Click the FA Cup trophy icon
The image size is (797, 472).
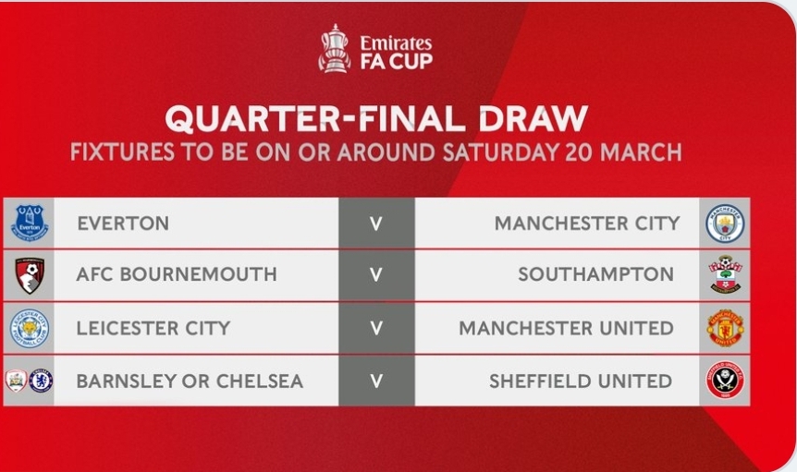(x=334, y=49)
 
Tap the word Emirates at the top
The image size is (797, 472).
(x=396, y=42)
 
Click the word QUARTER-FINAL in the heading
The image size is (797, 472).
(x=315, y=119)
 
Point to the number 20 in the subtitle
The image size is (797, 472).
(x=579, y=152)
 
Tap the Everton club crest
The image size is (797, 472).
(x=30, y=223)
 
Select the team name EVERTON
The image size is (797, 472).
(x=123, y=224)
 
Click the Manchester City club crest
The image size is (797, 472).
(x=725, y=224)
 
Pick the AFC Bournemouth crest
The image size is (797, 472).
(x=30, y=275)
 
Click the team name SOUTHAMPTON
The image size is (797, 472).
(x=595, y=274)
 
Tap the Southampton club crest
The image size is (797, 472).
(x=725, y=274)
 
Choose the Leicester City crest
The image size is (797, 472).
(x=30, y=329)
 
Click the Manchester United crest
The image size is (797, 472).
(x=725, y=328)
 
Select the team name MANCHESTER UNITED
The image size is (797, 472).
(x=566, y=329)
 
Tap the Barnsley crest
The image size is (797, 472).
(x=17, y=381)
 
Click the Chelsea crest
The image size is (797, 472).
(x=41, y=381)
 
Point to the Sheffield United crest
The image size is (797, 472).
(x=725, y=381)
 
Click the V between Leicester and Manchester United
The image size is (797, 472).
(x=376, y=328)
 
